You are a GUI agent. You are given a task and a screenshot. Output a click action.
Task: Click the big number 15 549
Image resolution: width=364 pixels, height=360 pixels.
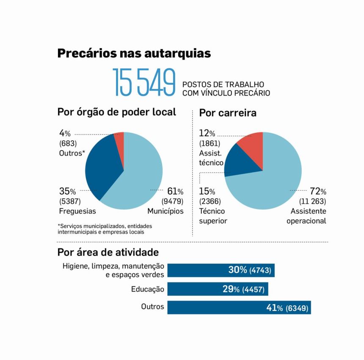click(144, 82)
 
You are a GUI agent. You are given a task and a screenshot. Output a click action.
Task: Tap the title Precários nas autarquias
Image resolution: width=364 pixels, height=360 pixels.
click(134, 53)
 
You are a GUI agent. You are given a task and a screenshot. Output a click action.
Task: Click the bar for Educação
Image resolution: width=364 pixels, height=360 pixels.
click(218, 289)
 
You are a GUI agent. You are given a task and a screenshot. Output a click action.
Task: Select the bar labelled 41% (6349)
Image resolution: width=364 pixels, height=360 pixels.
click(239, 308)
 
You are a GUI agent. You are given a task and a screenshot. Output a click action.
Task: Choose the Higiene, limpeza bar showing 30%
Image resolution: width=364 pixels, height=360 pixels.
click(221, 270)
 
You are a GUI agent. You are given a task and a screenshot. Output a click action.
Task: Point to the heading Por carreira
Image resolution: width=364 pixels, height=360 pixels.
click(228, 113)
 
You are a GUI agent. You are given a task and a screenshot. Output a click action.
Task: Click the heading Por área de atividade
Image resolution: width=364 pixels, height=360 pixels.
click(108, 253)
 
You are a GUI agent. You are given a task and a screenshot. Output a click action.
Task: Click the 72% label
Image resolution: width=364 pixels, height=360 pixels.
click(317, 191)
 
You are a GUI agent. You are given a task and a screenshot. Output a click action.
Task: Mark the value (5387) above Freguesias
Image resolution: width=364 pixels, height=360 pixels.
click(69, 201)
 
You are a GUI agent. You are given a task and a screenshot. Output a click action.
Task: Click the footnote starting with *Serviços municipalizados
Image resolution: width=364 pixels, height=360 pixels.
click(105, 229)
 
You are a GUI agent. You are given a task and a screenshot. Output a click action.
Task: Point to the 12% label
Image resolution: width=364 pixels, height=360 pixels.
click(207, 134)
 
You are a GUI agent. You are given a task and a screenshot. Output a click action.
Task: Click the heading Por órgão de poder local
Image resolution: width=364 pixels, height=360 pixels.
click(116, 112)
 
